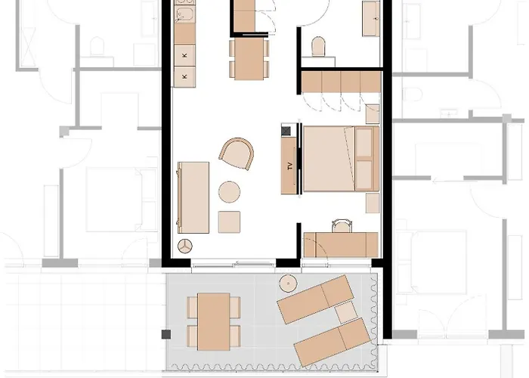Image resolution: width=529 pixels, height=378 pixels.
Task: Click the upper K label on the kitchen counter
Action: pyautogui.click(x=184, y=57)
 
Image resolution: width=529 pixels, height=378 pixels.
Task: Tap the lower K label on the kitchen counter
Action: pyautogui.click(x=184, y=76)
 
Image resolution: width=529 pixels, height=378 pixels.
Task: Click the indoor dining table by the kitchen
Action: pyautogui.click(x=249, y=57)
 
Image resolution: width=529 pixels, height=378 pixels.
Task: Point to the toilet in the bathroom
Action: pyautogui.click(x=318, y=48)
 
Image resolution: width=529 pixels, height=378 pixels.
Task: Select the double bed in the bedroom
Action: pyautogui.click(x=339, y=158)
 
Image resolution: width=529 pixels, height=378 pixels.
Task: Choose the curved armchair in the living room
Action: pyautogui.click(x=237, y=154)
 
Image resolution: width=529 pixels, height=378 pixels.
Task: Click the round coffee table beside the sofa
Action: pyautogui.click(x=229, y=192)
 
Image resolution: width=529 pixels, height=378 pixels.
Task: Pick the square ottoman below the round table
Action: pyautogui.click(x=229, y=222)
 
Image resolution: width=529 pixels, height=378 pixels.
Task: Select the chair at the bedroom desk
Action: pyautogui.click(x=342, y=225)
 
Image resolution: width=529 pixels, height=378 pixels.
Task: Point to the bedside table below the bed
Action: pyautogui.click(x=372, y=203)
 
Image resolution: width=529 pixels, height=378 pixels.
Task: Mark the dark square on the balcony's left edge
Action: pyautogui.click(x=164, y=333)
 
